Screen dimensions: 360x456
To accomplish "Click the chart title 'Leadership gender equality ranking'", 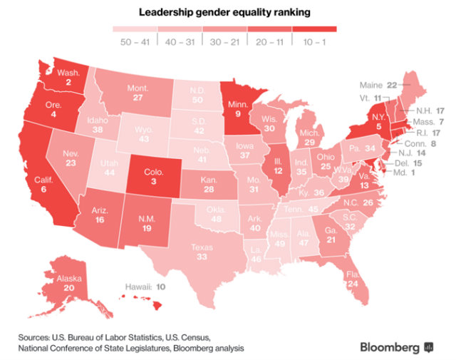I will pyautogui.click(x=228, y=13).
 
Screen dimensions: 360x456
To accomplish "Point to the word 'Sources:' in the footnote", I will pyautogui.click(x=38, y=336).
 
